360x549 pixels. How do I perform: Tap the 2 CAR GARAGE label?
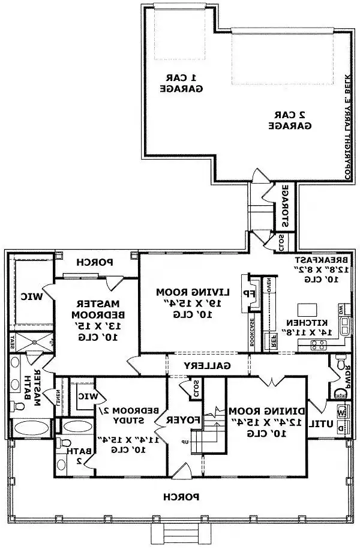tap(290, 120)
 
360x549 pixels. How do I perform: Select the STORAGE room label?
tap(284, 206)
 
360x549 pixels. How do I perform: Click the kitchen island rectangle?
tap(307, 310)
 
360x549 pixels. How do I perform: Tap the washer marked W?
tap(342, 413)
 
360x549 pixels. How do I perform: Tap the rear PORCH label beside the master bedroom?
tap(97, 262)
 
